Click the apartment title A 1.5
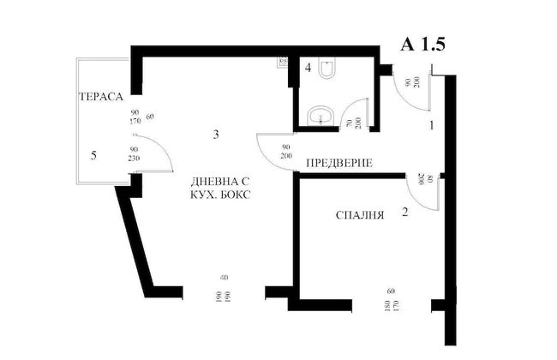coord(424,45)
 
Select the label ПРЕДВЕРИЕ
coord(339,163)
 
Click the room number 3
coord(218,135)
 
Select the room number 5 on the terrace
coord(95,155)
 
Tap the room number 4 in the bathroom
coord(308,68)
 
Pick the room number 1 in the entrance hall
coord(432,124)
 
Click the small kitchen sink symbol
coord(283,62)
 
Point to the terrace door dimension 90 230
coord(135,153)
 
